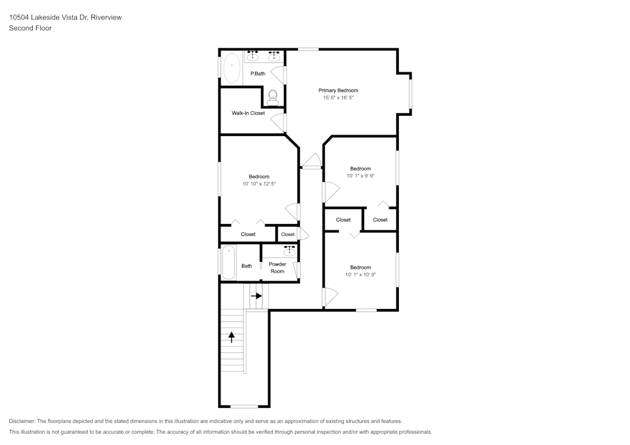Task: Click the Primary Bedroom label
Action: [338, 90]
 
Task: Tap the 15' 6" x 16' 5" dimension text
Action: [338, 98]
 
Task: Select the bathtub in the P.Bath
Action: [231, 68]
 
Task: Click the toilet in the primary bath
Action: [273, 97]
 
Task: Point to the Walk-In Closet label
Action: [248, 113]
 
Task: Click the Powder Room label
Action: [277, 268]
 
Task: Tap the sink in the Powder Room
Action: [289, 252]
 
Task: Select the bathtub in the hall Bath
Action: [228, 262]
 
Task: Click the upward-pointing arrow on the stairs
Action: [231, 337]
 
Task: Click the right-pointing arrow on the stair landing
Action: [256, 296]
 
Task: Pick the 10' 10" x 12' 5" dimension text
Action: [259, 184]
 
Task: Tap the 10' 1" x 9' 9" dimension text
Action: [360, 176]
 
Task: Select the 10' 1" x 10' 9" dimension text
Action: [360, 274]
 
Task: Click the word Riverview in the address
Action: [106, 17]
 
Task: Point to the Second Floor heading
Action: [30, 28]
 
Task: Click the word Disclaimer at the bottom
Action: [21, 421]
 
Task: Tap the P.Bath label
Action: [258, 74]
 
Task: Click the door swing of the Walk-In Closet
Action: [277, 122]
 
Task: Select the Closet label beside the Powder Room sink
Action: [288, 234]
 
